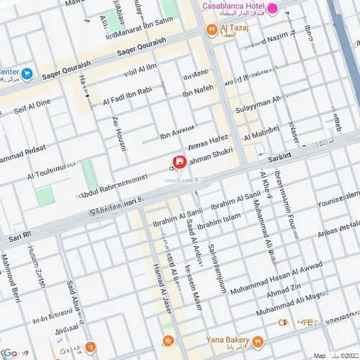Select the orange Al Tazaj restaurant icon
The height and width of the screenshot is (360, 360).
pos(211,30)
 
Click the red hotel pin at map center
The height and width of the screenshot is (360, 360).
pos(179,162)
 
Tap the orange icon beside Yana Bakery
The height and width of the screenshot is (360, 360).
pos(258,342)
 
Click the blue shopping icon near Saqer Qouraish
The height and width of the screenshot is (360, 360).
pos(27,73)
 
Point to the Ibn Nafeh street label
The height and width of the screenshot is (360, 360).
pos(198,89)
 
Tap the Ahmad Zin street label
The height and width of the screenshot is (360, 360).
pos(284,294)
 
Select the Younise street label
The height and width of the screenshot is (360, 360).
pos(338,201)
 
